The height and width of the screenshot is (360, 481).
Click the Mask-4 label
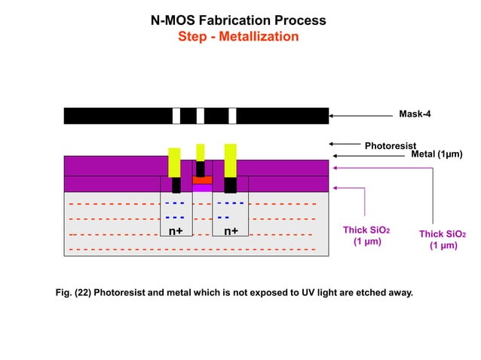[415, 115]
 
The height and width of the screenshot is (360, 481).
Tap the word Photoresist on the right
[390, 145]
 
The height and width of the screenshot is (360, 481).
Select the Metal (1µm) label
[436, 154]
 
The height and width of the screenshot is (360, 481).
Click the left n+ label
[176, 231]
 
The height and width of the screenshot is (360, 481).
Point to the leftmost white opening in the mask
[176, 116]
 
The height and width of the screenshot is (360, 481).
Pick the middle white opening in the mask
[201, 116]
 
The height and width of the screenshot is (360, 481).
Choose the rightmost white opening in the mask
[232, 116]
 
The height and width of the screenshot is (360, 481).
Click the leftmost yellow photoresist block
[175, 160]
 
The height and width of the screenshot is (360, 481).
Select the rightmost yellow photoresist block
[231, 160]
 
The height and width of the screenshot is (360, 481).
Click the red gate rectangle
[201, 181]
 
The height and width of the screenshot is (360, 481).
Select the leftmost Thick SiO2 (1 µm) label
[366, 236]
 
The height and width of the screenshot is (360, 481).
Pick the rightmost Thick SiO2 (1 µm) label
[443, 239]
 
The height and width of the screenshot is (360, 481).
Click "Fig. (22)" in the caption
[75, 292]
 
